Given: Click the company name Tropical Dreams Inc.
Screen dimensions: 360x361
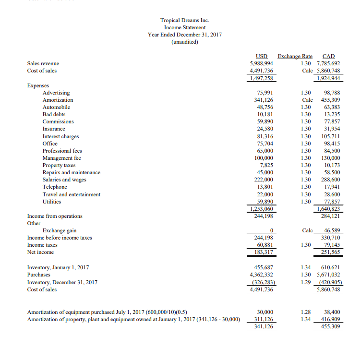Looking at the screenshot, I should point(185,20).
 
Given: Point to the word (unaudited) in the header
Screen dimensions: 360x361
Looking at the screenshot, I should point(185,42).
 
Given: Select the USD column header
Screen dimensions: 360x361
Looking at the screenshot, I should point(262,56).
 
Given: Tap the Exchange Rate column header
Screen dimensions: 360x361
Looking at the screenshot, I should point(295,56).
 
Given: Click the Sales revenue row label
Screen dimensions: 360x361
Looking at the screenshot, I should point(43,63).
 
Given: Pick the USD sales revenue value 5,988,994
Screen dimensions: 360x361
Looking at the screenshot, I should point(262,63).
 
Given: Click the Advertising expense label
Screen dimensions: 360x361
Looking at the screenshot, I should point(56,93).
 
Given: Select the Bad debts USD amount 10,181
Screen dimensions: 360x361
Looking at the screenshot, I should point(265,114).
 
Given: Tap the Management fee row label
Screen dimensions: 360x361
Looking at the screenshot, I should point(62,158).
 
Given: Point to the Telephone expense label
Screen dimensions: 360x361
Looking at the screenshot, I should point(55,187).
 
